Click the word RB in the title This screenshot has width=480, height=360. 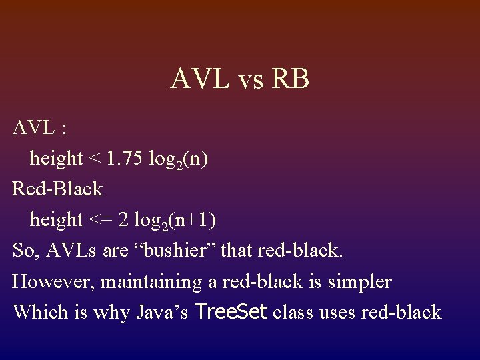pos(291,79)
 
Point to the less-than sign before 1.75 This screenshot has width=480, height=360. pos(95,159)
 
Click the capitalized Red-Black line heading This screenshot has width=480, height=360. pos(58,189)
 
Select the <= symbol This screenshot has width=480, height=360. pos(99,219)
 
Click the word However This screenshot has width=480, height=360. pos(53,281)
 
